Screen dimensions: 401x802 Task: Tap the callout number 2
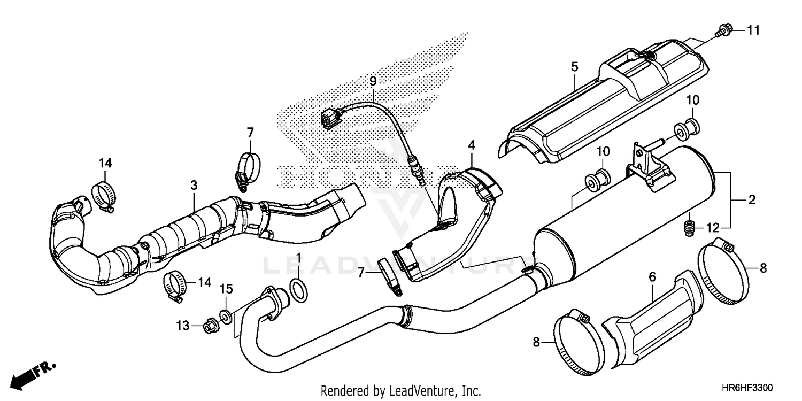coord(752,200)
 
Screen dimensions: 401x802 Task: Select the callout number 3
coord(194,185)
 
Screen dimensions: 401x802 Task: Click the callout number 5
coord(574,67)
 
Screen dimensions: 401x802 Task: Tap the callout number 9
coord(373,81)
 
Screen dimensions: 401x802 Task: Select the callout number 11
coord(753,31)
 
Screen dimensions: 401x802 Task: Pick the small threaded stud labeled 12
coord(690,228)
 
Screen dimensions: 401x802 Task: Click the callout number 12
coord(712,228)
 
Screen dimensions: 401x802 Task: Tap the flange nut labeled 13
coord(210,325)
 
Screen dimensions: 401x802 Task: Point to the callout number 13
coord(183,325)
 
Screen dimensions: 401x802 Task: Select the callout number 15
coord(226,289)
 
